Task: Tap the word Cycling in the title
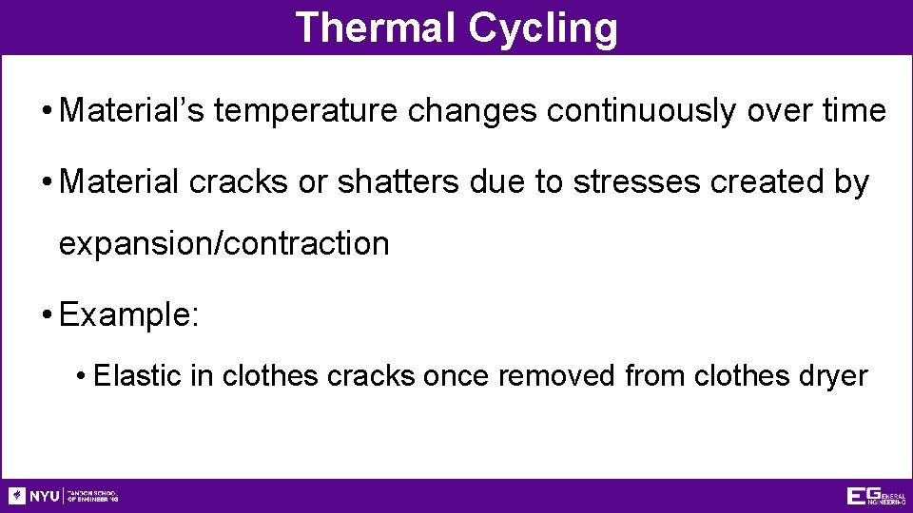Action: (x=542, y=29)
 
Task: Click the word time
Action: (x=852, y=111)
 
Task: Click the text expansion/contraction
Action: (x=224, y=244)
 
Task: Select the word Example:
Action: (x=128, y=314)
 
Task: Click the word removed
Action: (x=557, y=376)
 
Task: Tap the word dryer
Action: (x=833, y=377)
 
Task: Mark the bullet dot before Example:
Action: (x=46, y=315)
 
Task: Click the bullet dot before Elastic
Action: (x=84, y=377)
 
